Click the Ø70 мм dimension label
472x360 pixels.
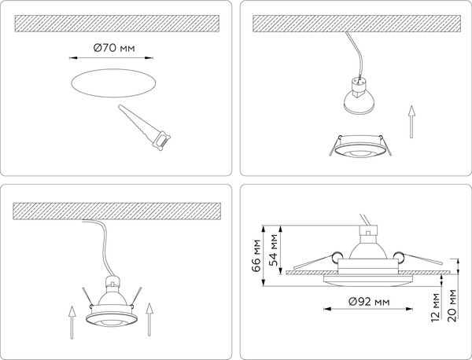114,47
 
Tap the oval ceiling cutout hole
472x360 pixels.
113,83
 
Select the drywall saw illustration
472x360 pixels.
144,127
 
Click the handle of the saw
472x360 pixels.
161,141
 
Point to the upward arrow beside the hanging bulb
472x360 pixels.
411,122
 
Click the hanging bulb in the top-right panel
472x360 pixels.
358,96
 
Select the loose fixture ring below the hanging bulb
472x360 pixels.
360,146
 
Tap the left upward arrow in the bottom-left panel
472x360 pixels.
72,322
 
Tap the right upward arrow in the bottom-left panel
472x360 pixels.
149,319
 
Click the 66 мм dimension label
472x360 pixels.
256,255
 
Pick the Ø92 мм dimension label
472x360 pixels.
369,301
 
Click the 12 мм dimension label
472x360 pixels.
435,307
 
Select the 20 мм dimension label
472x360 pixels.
452,306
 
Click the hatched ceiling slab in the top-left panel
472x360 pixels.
117,24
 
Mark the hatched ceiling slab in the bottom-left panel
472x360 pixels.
116,211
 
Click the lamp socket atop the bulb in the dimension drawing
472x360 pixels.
367,231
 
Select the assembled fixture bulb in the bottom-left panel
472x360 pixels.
112,293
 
